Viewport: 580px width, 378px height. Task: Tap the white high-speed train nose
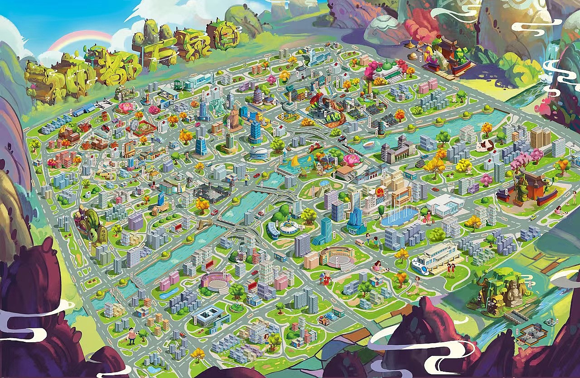pyautogui.click(x=416, y=267)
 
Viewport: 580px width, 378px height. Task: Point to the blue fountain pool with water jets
pyautogui.click(x=399, y=216)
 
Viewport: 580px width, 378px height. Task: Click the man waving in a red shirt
pyautogui.click(x=131, y=335)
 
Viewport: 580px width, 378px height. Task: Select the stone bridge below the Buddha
pyautogui.click(x=514, y=314)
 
